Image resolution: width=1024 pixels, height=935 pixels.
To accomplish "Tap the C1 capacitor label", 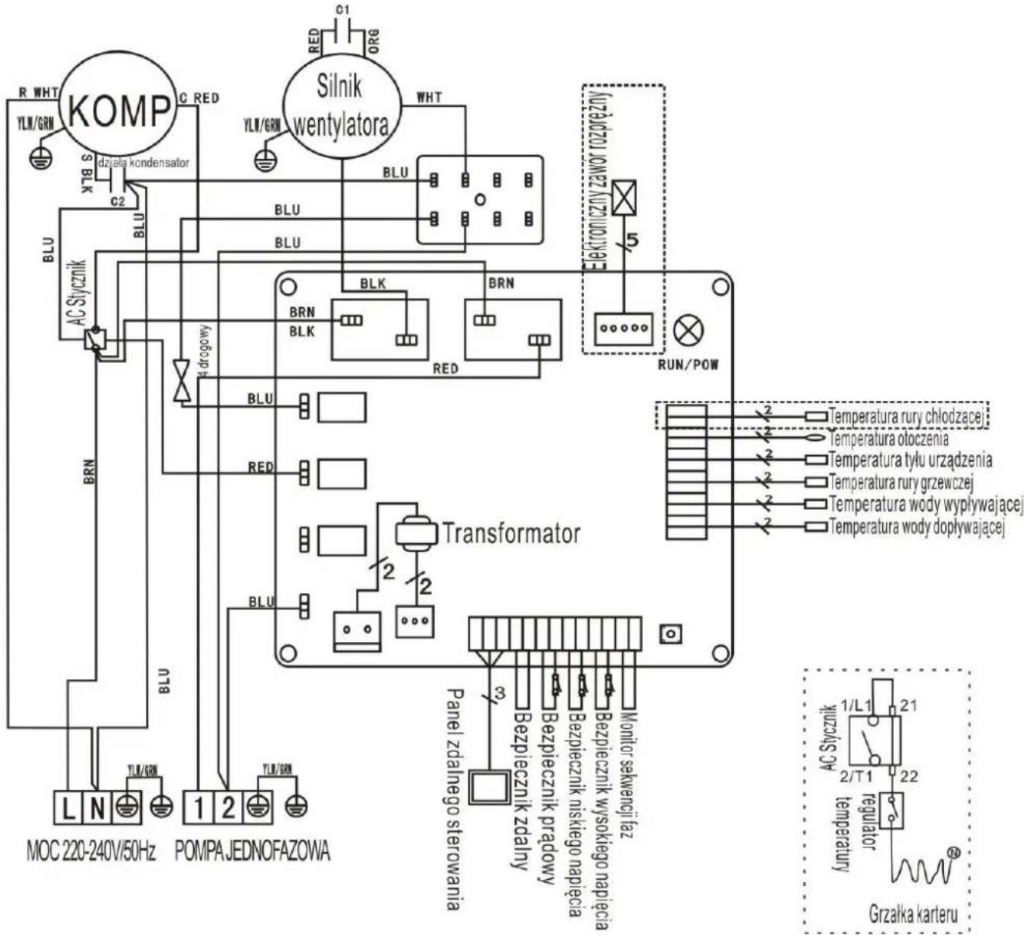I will click(342, 9).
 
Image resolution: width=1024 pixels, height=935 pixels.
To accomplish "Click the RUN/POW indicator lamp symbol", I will click(688, 331).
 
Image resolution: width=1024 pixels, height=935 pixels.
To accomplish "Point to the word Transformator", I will click(510, 533).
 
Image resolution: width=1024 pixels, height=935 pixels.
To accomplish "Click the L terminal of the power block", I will click(69, 809).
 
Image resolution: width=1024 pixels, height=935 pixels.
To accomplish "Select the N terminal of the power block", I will click(97, 809).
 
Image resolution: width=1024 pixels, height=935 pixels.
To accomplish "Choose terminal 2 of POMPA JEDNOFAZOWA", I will click(227, 809).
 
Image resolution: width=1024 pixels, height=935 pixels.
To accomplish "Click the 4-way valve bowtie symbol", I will click(182, 381).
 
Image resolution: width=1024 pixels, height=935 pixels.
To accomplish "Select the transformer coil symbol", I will click(417, 533).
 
